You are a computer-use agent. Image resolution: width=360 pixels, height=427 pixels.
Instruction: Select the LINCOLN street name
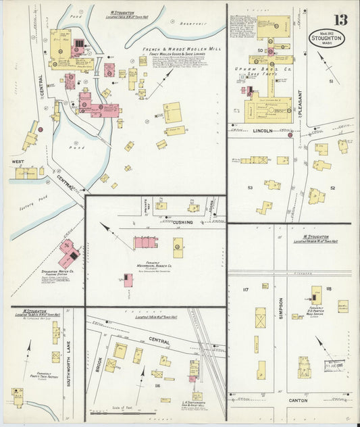[x=262, y=130]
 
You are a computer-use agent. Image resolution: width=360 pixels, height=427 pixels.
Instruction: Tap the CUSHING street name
[x=180, y=222]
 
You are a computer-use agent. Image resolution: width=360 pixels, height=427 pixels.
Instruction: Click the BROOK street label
[x=99, y=363]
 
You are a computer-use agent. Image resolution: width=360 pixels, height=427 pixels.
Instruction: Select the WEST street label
[x=18, y=162]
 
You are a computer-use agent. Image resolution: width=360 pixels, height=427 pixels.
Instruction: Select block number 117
[x=245, y=290]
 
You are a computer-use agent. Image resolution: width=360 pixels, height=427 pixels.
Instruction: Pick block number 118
[x=328, y=289]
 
